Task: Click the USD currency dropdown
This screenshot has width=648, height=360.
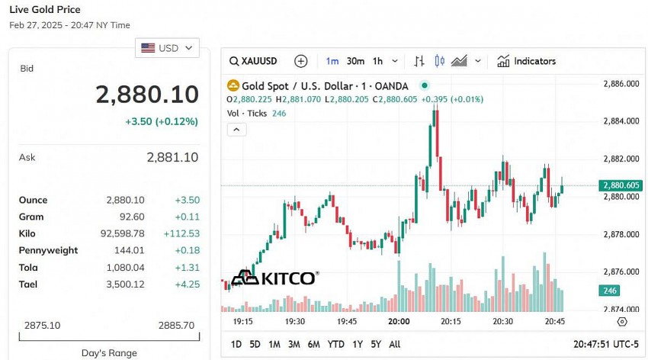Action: [167, 48]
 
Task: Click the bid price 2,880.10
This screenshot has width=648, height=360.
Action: [146, 95]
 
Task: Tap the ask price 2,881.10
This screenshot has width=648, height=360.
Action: [172, 157]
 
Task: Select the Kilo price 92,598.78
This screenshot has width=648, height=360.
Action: [125, 233]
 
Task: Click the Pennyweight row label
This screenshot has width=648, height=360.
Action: [48, 250]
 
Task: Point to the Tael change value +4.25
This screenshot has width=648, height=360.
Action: [187, 284]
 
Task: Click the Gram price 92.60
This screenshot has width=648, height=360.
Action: [131, 217]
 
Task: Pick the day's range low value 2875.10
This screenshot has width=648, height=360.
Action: [42, 325]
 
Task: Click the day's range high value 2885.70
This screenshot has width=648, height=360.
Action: [176, 325]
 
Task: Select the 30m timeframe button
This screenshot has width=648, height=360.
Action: [355, 61]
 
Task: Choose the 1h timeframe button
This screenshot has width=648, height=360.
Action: [377, 61]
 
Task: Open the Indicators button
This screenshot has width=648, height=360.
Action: [527, 61]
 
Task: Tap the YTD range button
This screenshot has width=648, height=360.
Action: [335, 344]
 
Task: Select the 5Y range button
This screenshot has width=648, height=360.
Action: [376, 344]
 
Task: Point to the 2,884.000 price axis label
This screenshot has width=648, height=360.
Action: [621, 121]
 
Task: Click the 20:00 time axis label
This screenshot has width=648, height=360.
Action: [399, 322]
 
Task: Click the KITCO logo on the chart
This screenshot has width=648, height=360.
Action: [274, 278]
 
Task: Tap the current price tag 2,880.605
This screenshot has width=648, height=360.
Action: [621, 185]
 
